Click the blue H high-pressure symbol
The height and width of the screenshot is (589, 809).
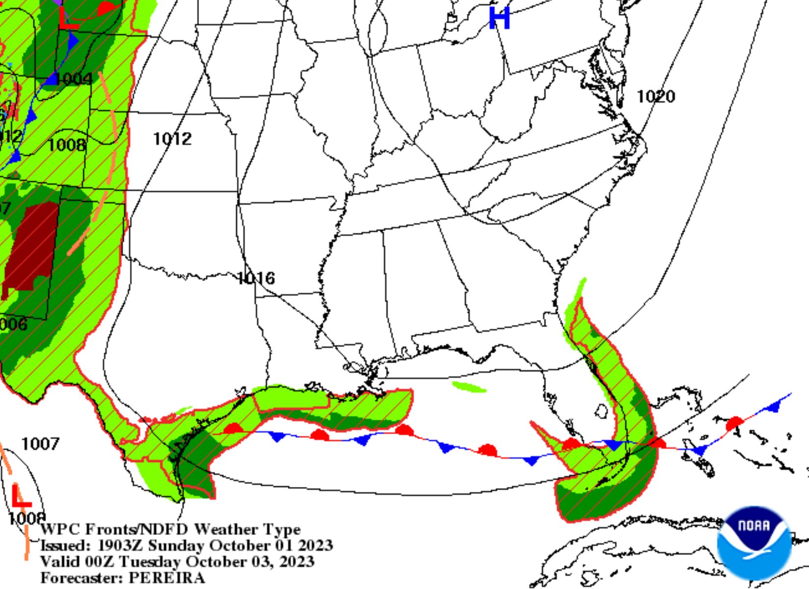(500, 18)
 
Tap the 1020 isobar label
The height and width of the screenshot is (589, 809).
(656, 96)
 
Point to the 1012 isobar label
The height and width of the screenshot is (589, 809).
(172, 139)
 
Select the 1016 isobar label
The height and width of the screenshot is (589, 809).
(256, 278)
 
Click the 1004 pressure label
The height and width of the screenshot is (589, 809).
(74, 79)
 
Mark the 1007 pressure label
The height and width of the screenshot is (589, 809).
(40, 444)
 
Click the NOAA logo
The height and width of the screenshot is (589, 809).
(754, 542)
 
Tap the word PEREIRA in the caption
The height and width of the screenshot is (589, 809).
(167, 578)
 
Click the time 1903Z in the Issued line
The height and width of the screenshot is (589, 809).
(120, 545)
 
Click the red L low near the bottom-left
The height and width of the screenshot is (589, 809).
(21, 497)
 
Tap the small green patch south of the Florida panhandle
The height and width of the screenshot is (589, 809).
(469, 387)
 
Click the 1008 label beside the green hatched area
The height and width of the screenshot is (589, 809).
(66, 145)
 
